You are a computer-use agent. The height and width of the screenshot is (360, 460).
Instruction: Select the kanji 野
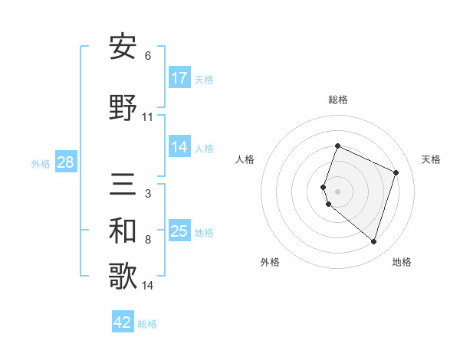(123, 108)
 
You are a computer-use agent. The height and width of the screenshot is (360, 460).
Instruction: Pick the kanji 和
(123, 231)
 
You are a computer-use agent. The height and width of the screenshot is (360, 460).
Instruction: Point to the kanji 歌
(123, 277)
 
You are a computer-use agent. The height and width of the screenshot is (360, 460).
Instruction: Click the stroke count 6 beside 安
(148, 56)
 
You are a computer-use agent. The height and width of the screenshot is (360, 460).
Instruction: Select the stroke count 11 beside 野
(148, 117)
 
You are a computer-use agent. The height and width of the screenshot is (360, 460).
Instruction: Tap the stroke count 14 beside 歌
(148, 286)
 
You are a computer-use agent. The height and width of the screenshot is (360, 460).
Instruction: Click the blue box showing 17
(179, 78)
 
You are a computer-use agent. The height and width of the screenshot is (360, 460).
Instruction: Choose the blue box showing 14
(179, 147)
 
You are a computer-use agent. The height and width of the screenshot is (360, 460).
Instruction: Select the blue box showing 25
(179, 231)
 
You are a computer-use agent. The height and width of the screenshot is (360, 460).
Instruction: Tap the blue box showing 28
(65, 162)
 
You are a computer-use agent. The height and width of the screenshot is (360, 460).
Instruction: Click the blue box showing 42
(123, 322)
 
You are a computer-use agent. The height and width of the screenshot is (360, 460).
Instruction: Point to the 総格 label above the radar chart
(338, 100)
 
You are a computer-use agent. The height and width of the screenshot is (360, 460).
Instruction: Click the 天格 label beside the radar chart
(431, 159)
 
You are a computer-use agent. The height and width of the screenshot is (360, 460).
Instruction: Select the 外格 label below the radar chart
(270, 262)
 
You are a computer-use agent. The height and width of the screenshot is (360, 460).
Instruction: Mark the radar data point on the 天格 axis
(396, 172)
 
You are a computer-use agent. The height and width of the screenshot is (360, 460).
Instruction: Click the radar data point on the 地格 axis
(374, 242)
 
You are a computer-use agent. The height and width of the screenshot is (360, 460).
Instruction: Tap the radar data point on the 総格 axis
(337, 146)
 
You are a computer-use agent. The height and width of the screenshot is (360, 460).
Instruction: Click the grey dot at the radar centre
(337, 191)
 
